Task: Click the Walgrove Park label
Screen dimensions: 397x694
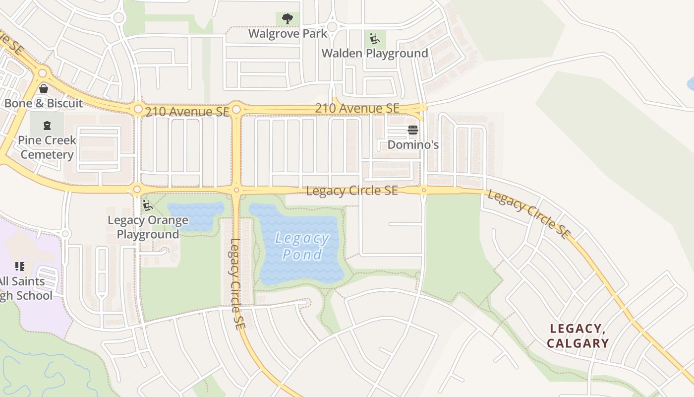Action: pos(288,34)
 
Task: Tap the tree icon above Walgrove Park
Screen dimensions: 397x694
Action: pos(287,19)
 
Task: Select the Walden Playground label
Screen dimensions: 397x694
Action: pos(375,53)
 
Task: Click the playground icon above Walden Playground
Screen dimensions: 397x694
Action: pos(375,38)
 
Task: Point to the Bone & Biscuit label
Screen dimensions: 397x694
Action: pos(44,103)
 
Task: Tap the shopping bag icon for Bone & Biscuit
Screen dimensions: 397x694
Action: pos(44,89)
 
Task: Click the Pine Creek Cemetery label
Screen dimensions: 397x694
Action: pos(47,147)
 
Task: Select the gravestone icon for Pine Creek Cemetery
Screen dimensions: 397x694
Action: pos(47,126)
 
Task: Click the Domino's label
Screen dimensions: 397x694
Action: pos(413,145)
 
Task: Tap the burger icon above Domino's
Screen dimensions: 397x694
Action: pos(413,131)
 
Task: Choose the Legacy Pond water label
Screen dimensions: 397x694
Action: pos(302,246)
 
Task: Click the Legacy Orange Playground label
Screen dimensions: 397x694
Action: pos(148,227)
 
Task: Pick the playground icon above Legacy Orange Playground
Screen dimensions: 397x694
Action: pos(147,205)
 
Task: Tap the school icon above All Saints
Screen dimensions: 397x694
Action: pos(20,266)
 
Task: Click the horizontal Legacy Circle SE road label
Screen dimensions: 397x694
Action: pos(351,191)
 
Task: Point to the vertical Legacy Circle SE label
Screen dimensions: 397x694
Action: pos(235,278)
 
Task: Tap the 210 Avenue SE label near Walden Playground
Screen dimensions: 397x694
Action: pos(357,108)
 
